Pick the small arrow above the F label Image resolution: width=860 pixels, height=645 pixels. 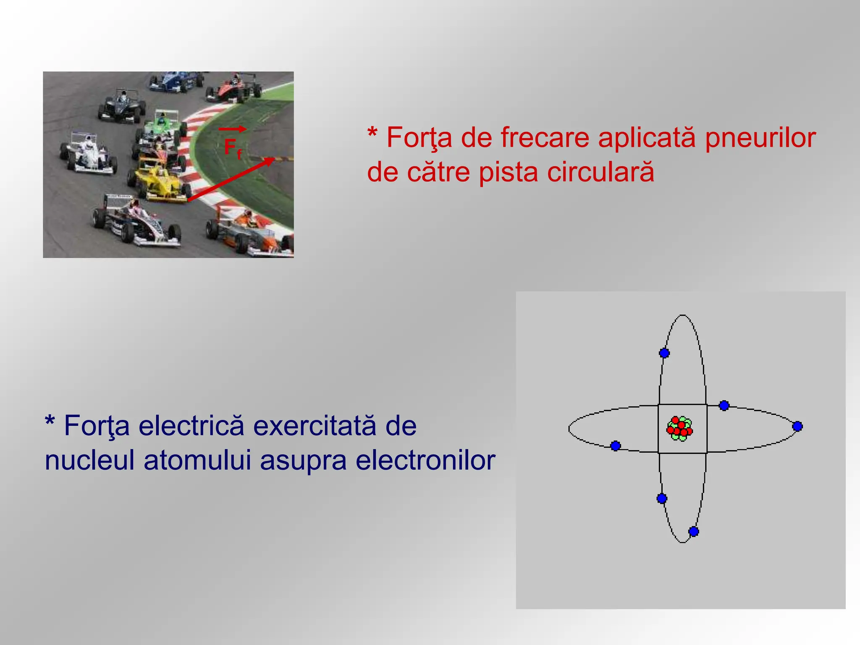232,129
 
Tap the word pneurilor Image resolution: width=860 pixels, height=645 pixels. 760,137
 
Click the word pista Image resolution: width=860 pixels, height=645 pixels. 508,172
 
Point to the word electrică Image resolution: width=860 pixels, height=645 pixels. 191,425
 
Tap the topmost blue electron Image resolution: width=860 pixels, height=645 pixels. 664,353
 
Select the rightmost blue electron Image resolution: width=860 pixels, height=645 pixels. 797,427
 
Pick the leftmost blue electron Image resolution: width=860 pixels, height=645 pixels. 616,446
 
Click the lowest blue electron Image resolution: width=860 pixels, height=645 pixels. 694,532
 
